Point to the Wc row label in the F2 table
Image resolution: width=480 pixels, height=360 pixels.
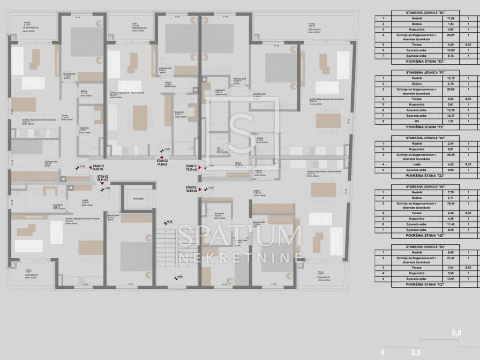click(413, 121)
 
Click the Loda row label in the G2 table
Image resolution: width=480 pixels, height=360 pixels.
click(413, 164)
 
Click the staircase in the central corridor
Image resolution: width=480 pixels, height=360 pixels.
click(165, 244)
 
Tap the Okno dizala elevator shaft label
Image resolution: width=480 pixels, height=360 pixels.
click(138, 199)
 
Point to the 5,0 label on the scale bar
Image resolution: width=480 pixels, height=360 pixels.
click(456, 333)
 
